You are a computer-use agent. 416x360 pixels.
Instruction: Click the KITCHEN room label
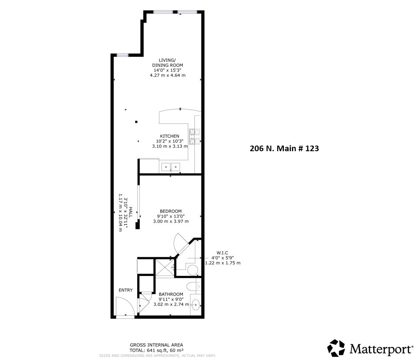pyautogui.click(x=169, y=136)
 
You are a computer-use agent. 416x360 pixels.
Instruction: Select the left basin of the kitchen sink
pyautogui.click(x=166, y=166)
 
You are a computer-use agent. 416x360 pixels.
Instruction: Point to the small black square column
pyautogui.click(x=136, y=122)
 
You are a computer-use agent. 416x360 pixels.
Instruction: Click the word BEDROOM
pyautogui.click(x=171, y=211)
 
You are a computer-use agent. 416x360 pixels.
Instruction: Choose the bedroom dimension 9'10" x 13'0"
pyautogui.click(x=171, y=216)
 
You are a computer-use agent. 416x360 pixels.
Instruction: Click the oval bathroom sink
pyautogui.click(x=196, y=304)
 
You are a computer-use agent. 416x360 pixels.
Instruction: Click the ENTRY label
pyautogui.click(x=126, y=290)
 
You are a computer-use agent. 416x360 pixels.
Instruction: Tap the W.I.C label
pyautogui.click(x=222, y=253)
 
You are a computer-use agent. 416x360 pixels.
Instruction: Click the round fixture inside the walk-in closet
pyautogui.click(x=193, y=271)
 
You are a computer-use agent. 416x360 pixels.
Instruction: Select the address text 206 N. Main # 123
pyautogui.click(x=284, y=149)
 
